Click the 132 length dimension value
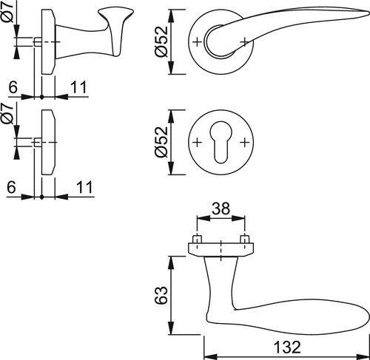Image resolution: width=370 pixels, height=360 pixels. [x=287, y=347]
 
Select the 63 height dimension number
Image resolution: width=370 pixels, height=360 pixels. [x=162, y=295]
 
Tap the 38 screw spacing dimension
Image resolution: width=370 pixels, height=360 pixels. [x=221, y=208]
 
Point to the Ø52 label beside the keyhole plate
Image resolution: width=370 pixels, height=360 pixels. [x=161, y=142]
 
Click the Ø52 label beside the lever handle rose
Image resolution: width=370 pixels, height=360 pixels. [x=161, y=41]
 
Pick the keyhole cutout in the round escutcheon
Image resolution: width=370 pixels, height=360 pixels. [x=221, y=142]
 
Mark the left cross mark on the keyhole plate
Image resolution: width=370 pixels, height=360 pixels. [x=197, y=142]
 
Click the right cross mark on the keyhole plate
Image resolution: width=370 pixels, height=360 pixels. [x=245, y=142]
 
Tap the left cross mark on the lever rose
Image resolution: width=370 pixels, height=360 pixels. [x=197, y=42]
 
